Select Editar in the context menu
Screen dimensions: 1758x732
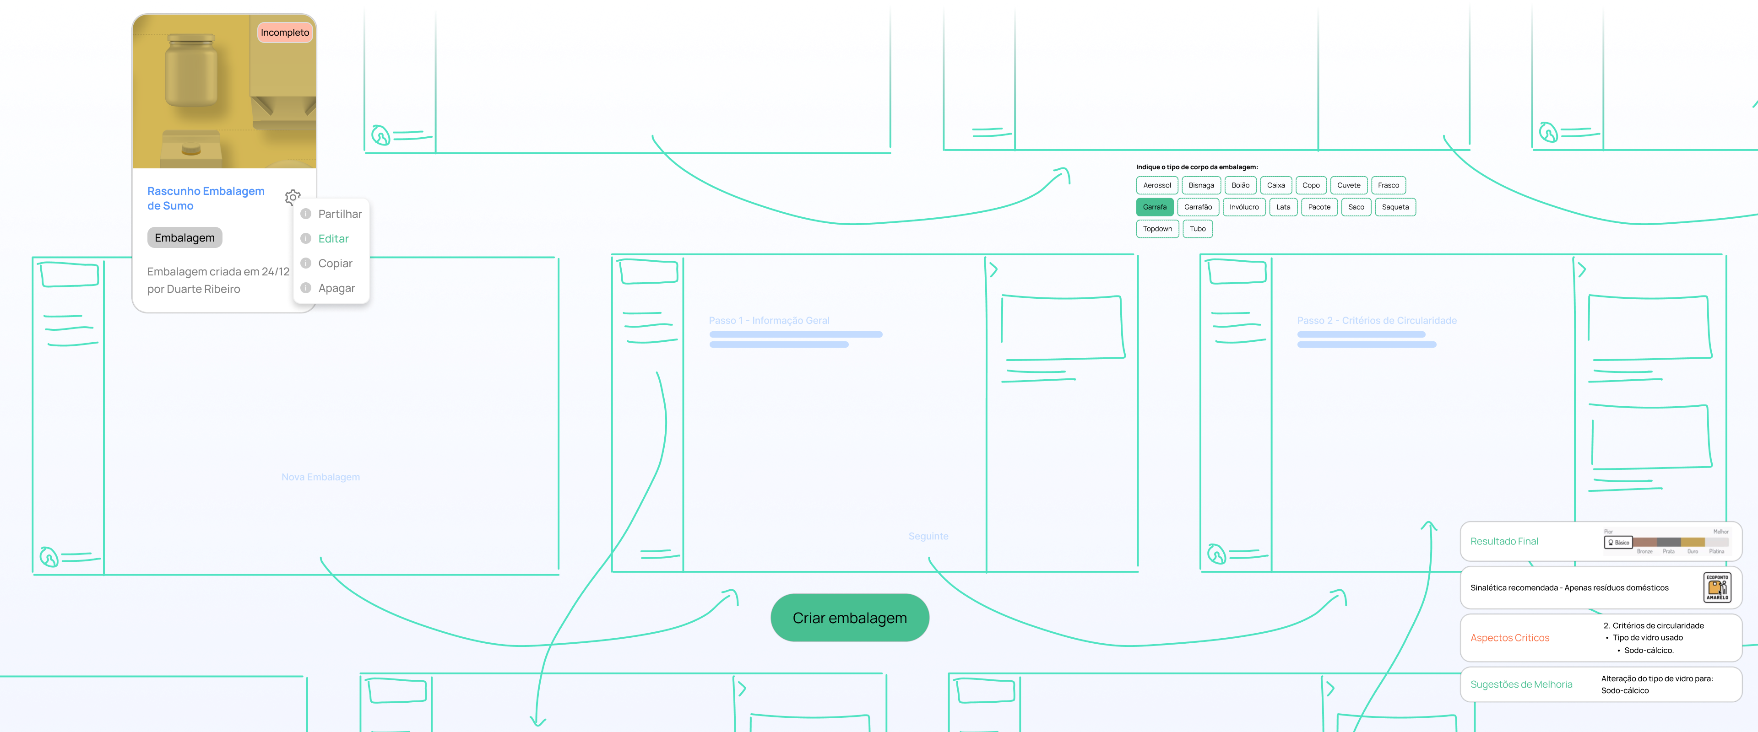point(333,239)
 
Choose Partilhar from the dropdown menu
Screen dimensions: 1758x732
point(339,214)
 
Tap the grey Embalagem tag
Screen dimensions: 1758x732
point(184,237)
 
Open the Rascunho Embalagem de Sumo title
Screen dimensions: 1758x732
point(206,198)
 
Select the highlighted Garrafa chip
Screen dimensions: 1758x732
point(1154,207)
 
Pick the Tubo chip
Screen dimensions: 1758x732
point(1197,229)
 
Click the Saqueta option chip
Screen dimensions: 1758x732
point(1395,207)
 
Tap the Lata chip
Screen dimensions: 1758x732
point(1283,207)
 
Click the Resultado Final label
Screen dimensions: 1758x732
point(1504,541)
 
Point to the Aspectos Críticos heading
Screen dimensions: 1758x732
point(1509,638)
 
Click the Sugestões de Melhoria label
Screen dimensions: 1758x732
point(1521,684)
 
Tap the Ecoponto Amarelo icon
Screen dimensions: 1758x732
point(1717,587)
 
